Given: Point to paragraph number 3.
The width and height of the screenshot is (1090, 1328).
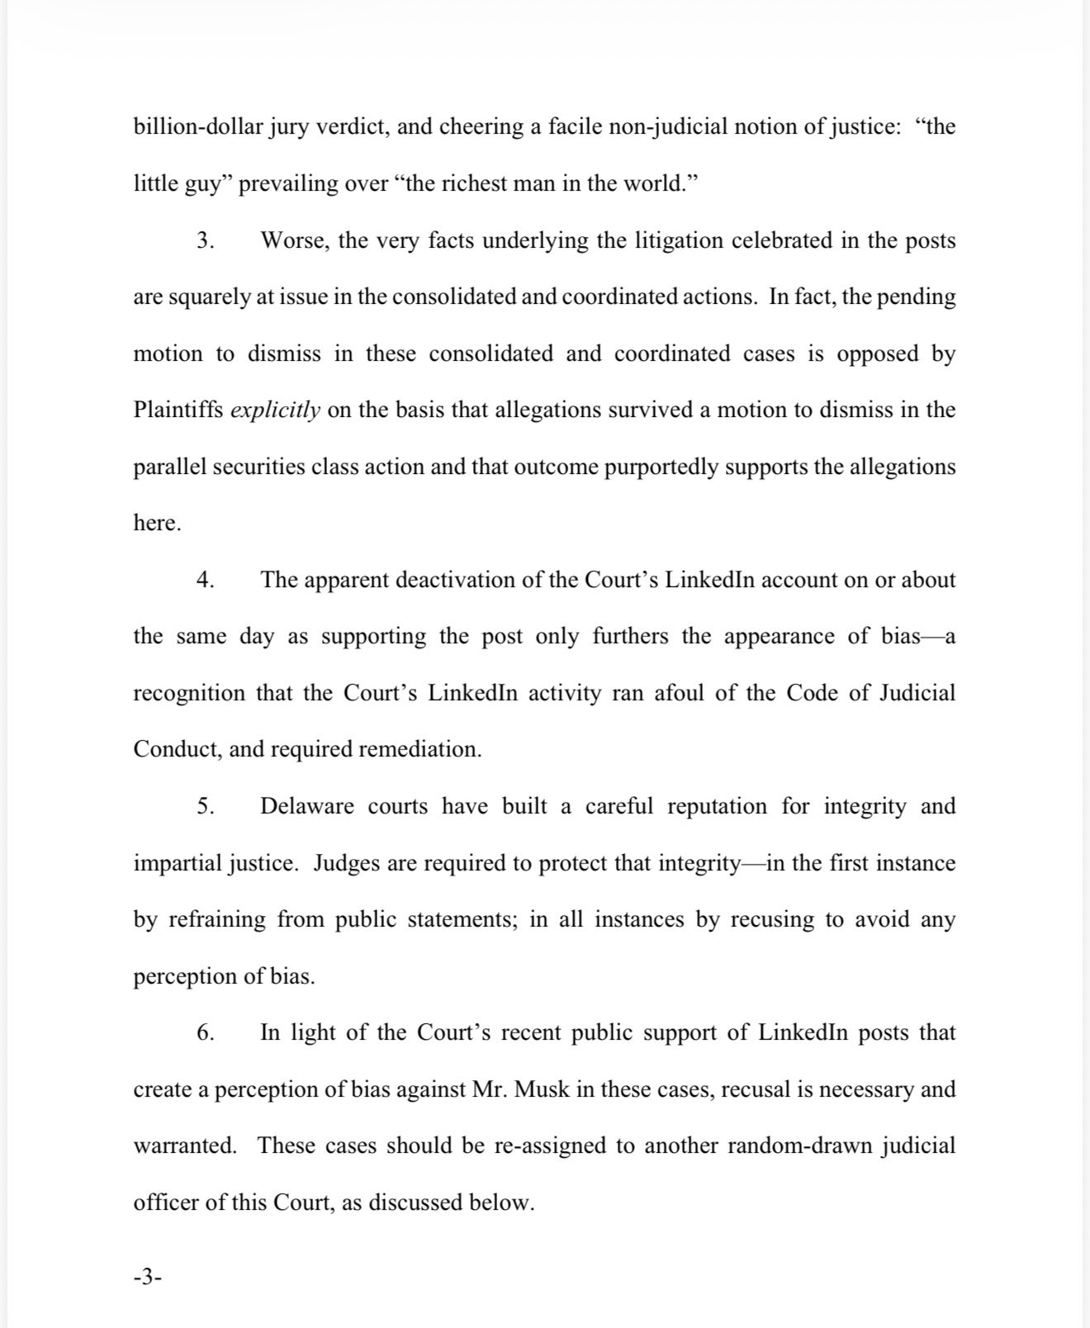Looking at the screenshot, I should click(206, 241).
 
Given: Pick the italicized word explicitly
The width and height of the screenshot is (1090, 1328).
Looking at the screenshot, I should click(275, 410).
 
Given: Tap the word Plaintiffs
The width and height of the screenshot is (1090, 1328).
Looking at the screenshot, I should click(178, 410).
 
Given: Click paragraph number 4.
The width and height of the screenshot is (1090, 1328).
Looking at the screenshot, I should click(206, 580).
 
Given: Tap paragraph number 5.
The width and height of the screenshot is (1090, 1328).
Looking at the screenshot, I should click(206, 806).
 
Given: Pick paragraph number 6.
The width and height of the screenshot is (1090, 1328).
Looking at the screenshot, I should click(206, 1033).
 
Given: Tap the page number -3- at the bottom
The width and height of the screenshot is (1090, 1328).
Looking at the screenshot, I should click(148, 1278).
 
